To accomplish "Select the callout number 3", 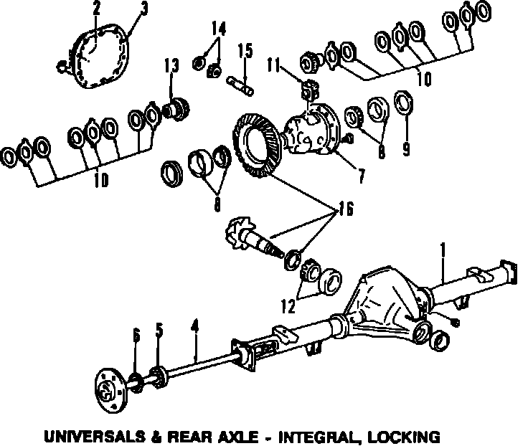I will tap(144, 9).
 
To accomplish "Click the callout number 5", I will tap(159, 331).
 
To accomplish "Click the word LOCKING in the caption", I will tap(401, 435).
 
